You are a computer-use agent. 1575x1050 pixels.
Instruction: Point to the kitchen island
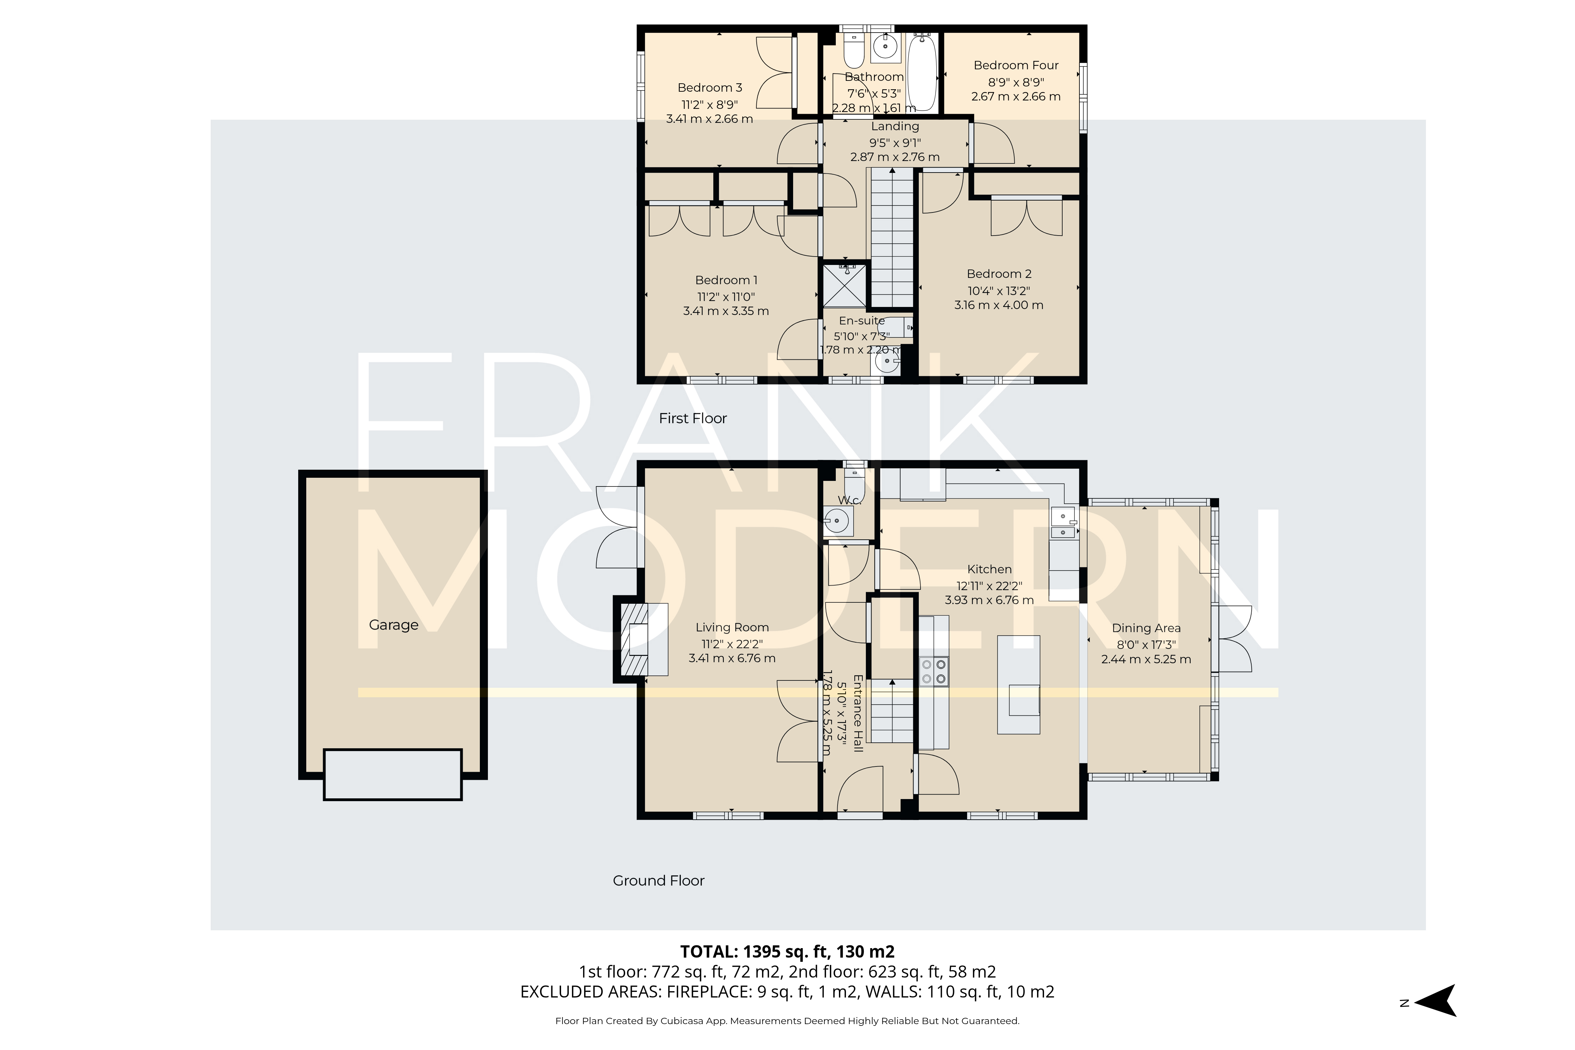[1018, 684]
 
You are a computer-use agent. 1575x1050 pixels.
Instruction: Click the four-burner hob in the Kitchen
[934, 671]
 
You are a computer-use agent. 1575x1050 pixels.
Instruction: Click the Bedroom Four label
[1015, 65]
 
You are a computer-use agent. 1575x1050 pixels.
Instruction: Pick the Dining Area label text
[1146, 628]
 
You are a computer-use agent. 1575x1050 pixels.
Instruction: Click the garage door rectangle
[392, 774]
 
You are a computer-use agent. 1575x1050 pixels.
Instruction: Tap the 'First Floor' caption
[692, 419]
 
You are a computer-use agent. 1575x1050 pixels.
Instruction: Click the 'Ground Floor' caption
[658, 881]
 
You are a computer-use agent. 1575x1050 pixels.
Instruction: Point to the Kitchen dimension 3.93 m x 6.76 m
[989, 600]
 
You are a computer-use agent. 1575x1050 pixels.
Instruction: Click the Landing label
[895, 126]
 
